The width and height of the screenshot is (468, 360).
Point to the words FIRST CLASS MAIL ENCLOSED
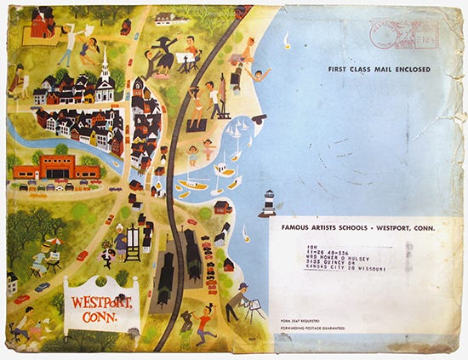[379, 70]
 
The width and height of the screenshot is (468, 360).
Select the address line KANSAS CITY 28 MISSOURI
[336, 269]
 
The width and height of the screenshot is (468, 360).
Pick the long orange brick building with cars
[56, 168]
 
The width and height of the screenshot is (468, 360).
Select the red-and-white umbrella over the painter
[51, 243]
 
